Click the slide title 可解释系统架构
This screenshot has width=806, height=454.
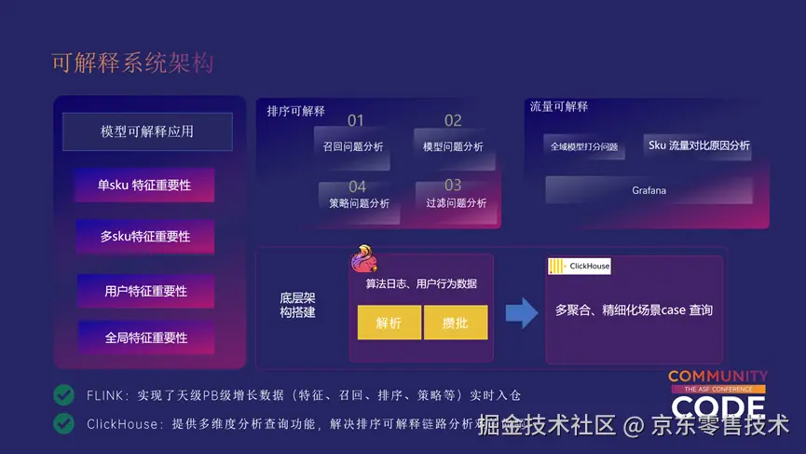coord(132,62)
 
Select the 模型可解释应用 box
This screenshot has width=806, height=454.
coord(147,131)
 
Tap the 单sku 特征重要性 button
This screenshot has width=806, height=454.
coord(144,185)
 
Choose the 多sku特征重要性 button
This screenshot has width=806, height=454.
coord(144,237)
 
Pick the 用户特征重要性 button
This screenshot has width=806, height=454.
coord(145,291)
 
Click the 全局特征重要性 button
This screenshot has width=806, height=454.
coord(145,337)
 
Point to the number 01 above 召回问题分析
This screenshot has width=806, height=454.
coord(356,120)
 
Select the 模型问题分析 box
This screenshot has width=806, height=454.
coord(453,146)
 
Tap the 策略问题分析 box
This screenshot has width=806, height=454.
coord(359,203)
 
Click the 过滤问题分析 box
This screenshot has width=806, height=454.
coord(456,203)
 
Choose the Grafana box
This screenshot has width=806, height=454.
coord(649,190)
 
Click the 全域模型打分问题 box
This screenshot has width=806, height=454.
coord(584,146)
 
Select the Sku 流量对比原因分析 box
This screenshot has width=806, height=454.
coord(698,145)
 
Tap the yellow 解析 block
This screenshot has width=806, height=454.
coord(389,323)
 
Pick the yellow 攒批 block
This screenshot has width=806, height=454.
coord(456,323)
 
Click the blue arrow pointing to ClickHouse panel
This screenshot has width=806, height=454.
coord(522,312)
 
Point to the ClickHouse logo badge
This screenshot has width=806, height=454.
coord(580,266)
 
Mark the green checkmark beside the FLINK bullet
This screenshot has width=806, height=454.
coord(63,394)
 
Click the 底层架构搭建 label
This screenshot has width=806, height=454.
coord(297,305)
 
